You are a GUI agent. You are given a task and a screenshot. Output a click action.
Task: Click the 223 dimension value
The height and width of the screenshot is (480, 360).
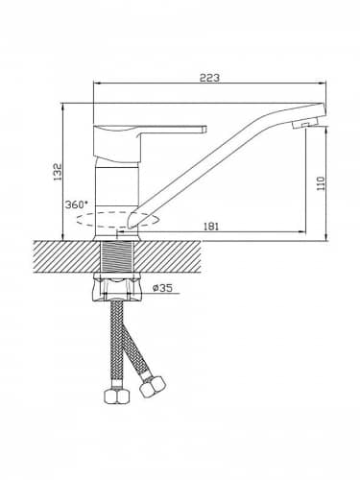pos(209,78)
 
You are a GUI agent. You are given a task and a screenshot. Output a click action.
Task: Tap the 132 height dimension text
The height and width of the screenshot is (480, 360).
pos(58,172)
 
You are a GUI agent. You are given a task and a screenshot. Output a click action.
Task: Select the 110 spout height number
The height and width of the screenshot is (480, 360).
pos(321,183)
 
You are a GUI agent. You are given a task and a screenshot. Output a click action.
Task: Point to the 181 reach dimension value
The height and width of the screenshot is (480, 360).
pos(211,227)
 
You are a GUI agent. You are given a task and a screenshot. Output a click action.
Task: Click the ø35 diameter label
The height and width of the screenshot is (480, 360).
pos(162,288)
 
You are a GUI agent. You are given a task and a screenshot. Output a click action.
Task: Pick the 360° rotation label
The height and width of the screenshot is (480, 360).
pos(76,204)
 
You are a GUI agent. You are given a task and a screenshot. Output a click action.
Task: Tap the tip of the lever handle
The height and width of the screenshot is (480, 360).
pos(204,129)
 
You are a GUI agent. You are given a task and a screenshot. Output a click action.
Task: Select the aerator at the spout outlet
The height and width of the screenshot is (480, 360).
pos(304,123)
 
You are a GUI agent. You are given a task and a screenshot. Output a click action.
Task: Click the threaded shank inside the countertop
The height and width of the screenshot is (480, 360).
pos(117,256)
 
